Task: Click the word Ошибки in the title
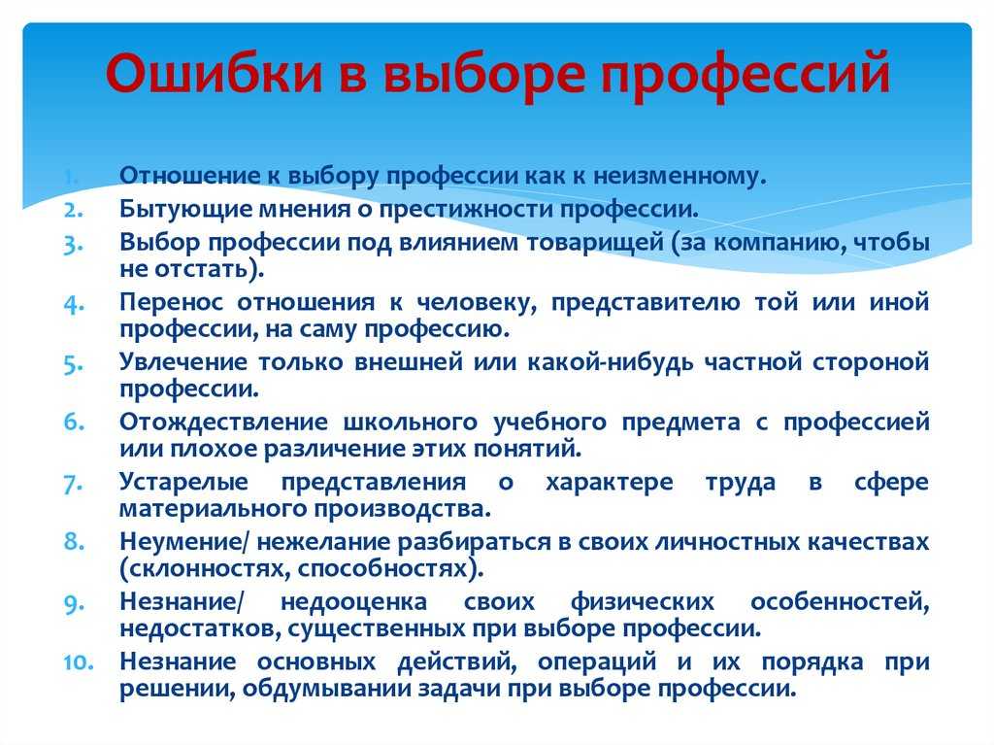[x=215, y=72]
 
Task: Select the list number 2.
[x=73, y=210]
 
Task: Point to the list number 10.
[x=79, y=661]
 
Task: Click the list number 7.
[x=74, y=484]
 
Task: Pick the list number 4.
[x=74, y=303]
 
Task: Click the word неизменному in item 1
[x=679, y=176]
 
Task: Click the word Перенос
[x=171, y=302]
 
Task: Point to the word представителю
[x=645, y=303]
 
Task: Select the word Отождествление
[x=224, y=423]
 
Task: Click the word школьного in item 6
[x=411, y=422]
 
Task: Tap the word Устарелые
[x=183, y=483]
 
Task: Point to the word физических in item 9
[x=643, y=603]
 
